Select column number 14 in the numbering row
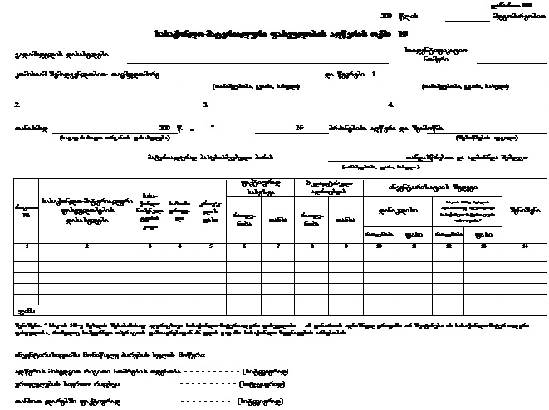[x=525, y=246]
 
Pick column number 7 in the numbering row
[x=277, y=246]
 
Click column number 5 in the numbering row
[x=208, y=246]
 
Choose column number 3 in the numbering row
[x=150, y=246]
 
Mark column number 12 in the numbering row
[x=450, y=246]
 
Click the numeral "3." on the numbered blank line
[x=205, y=105]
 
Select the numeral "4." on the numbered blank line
[x=390, y=105]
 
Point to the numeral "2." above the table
[x=17, y=105]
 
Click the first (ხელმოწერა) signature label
[x=262, y=372]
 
